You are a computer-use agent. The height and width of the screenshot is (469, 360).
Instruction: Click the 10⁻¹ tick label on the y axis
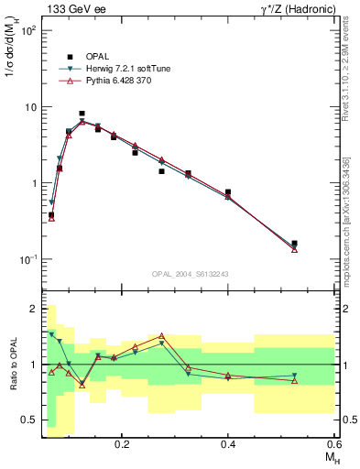coord(29,259)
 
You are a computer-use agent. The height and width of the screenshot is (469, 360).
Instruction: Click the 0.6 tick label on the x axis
coord(334,444)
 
